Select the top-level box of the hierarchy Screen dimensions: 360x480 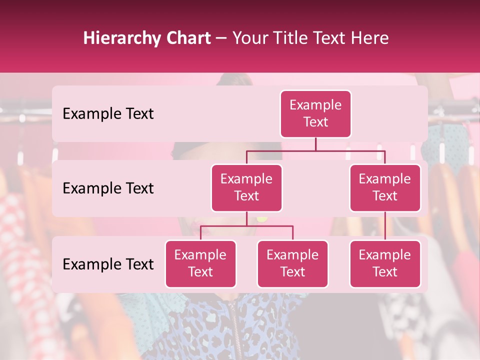(315, 114)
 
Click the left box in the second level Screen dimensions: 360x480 (246, 187)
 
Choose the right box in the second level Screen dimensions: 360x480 (385, 187)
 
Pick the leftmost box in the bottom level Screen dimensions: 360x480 (200, 263)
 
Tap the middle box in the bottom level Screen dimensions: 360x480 (292, 263)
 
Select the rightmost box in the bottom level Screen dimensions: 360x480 (385, 263)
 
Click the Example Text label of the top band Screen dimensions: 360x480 (108, 114)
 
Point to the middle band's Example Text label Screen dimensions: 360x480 (108, 188)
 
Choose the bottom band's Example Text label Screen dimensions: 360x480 (108, 264)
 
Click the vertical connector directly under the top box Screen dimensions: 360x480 (315, 144)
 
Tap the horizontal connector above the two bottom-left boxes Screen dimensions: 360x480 (246, 226)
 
